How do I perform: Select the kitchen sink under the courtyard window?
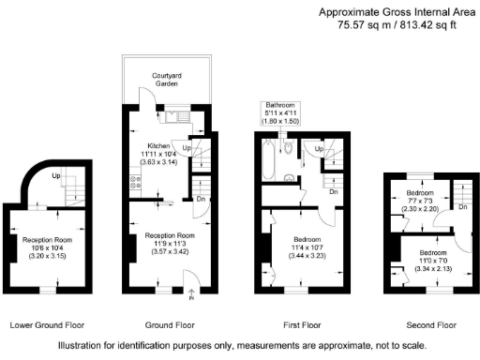173,118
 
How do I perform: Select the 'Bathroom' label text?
280,105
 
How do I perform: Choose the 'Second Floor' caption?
431,325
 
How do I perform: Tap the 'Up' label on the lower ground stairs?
55,174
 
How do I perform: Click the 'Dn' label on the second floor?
465,207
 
